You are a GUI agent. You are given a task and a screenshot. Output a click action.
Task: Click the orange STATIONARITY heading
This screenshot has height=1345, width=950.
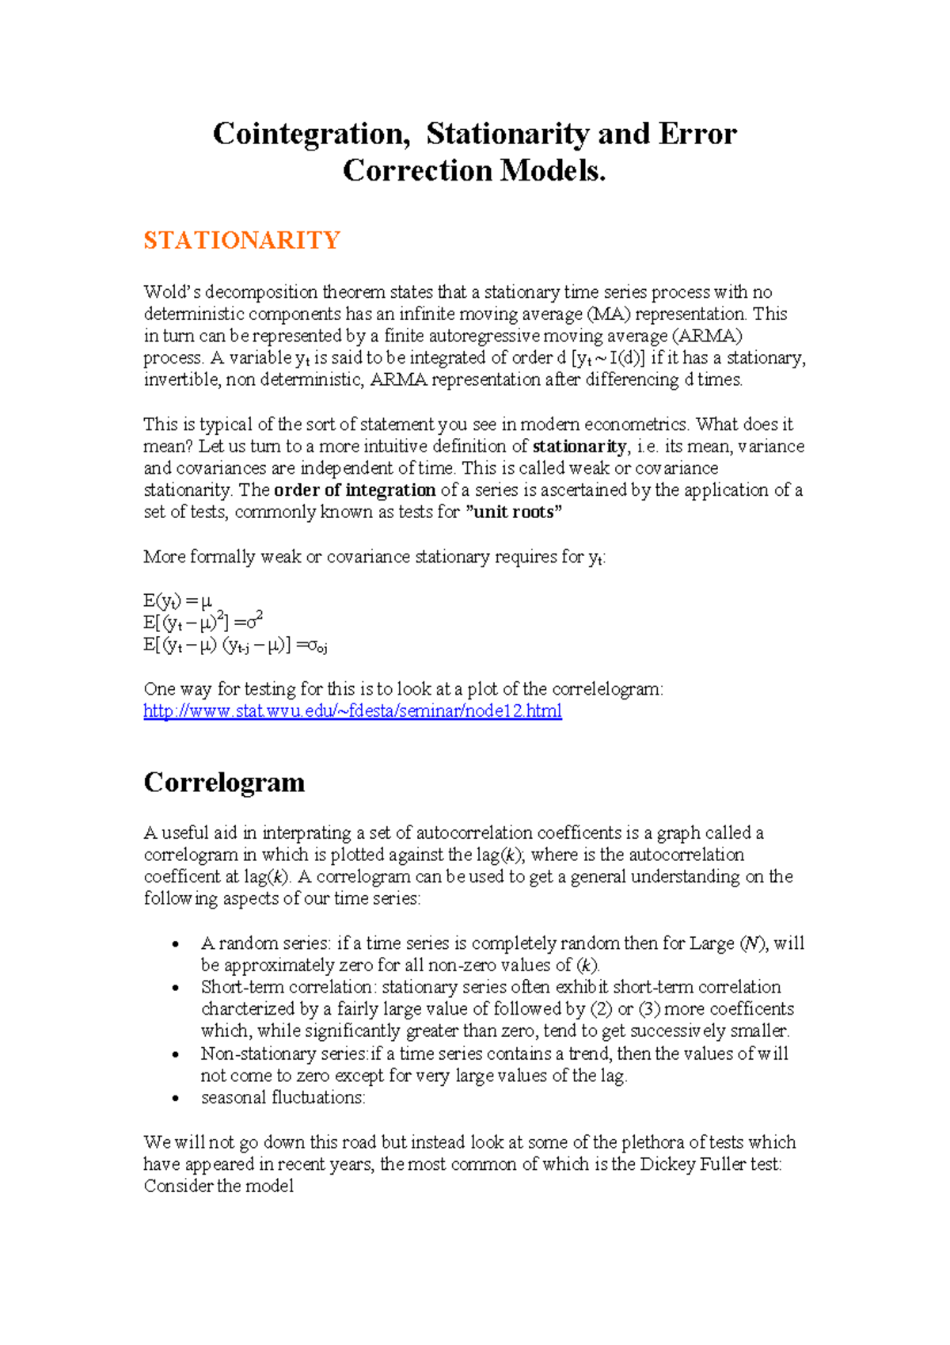[241, 240]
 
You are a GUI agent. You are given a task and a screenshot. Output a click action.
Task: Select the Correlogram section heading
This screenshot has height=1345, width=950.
[224, 782]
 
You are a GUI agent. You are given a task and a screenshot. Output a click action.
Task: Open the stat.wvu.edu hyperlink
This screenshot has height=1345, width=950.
[352, 711]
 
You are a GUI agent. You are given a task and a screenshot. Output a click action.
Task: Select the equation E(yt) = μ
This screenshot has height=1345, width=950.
[178, 601]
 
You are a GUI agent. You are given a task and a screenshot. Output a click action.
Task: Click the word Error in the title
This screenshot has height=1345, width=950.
[697, 134]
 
